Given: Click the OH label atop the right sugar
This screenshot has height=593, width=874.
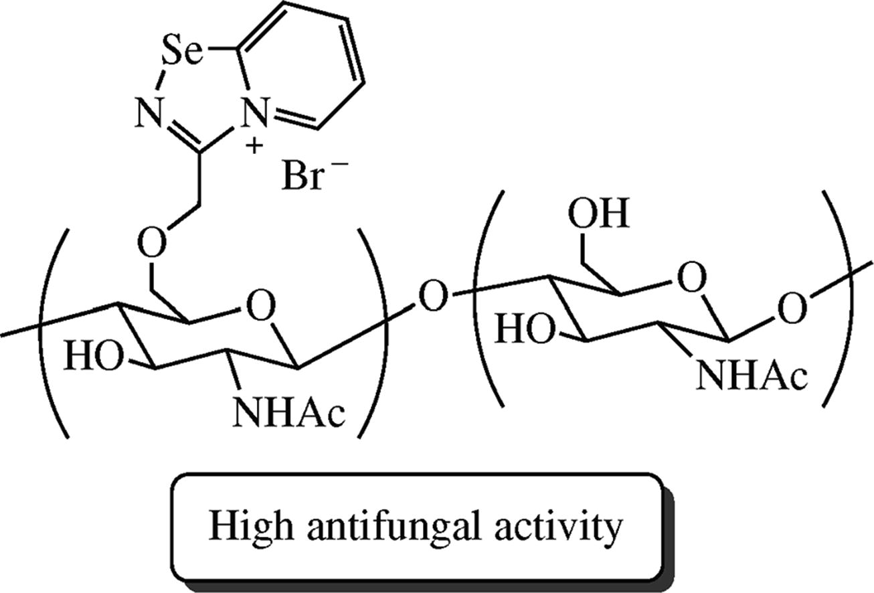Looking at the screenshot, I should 599,216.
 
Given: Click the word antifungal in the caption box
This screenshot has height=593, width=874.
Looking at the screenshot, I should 394,527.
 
